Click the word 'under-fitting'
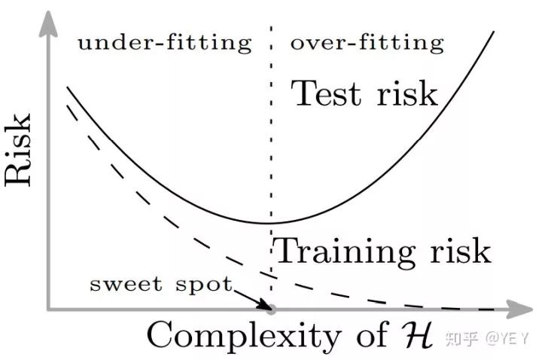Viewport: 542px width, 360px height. [164, 43]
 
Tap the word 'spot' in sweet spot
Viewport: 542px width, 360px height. [209, 285]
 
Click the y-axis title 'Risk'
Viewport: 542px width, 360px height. [20, 151]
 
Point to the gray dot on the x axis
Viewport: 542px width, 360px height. [272, 309]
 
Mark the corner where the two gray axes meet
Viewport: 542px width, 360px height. [49, 309]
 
